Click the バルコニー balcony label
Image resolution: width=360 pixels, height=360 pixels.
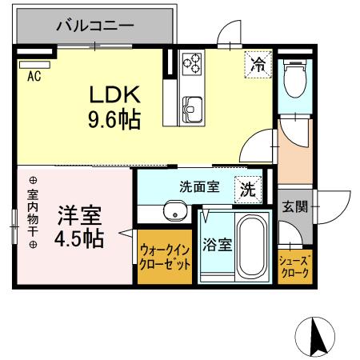click(x=94, y=26)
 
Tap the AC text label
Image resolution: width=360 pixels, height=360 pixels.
click(x=34, y=77)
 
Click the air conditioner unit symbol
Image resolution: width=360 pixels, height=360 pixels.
click(x=34, y=63)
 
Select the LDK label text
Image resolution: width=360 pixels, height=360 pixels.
click(x=114, y=94)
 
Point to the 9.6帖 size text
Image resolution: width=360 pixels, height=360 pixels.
click(x=114, y=120)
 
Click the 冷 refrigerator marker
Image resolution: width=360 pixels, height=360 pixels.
click(x=258, y=63)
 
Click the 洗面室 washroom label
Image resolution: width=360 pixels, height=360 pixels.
click(x=198, y=188)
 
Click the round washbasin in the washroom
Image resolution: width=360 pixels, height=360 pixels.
click(x=174, y=212)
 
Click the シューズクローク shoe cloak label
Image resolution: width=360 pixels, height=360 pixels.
click(x=295, y=266)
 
